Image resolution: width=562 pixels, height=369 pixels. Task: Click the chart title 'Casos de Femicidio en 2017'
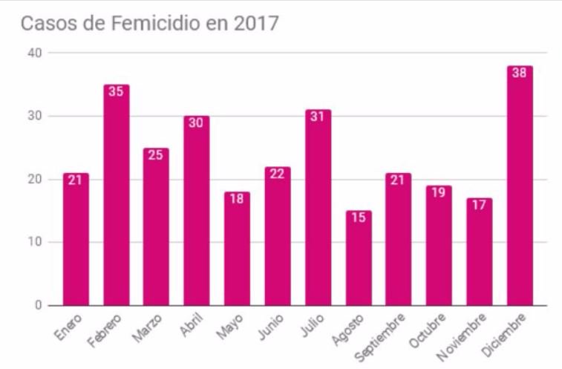point(149,24)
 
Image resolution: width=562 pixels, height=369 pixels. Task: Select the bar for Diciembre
point(520,186)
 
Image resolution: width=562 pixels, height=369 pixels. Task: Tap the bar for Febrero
point(117,195)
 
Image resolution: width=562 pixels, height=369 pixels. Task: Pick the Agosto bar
point(358,258)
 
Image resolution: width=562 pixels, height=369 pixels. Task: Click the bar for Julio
point(318,208)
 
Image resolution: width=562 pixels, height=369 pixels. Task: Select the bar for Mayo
point(238,249)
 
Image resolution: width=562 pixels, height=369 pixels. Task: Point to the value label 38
point(520,73)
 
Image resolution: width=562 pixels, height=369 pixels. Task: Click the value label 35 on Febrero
point(117,91)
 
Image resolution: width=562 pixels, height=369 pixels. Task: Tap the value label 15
point(358,218)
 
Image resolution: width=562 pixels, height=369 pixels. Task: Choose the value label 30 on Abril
point(197,123)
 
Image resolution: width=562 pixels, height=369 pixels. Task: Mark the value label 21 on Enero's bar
point(76,180)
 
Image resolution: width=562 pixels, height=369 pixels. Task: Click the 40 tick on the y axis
point(35,53)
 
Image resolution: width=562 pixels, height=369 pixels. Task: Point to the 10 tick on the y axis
point(35,242)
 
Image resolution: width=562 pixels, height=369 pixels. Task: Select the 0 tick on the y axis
point(38,305)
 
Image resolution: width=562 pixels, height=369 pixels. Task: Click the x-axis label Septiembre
point(381,337)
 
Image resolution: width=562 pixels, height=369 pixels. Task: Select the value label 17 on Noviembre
point(479,205)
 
